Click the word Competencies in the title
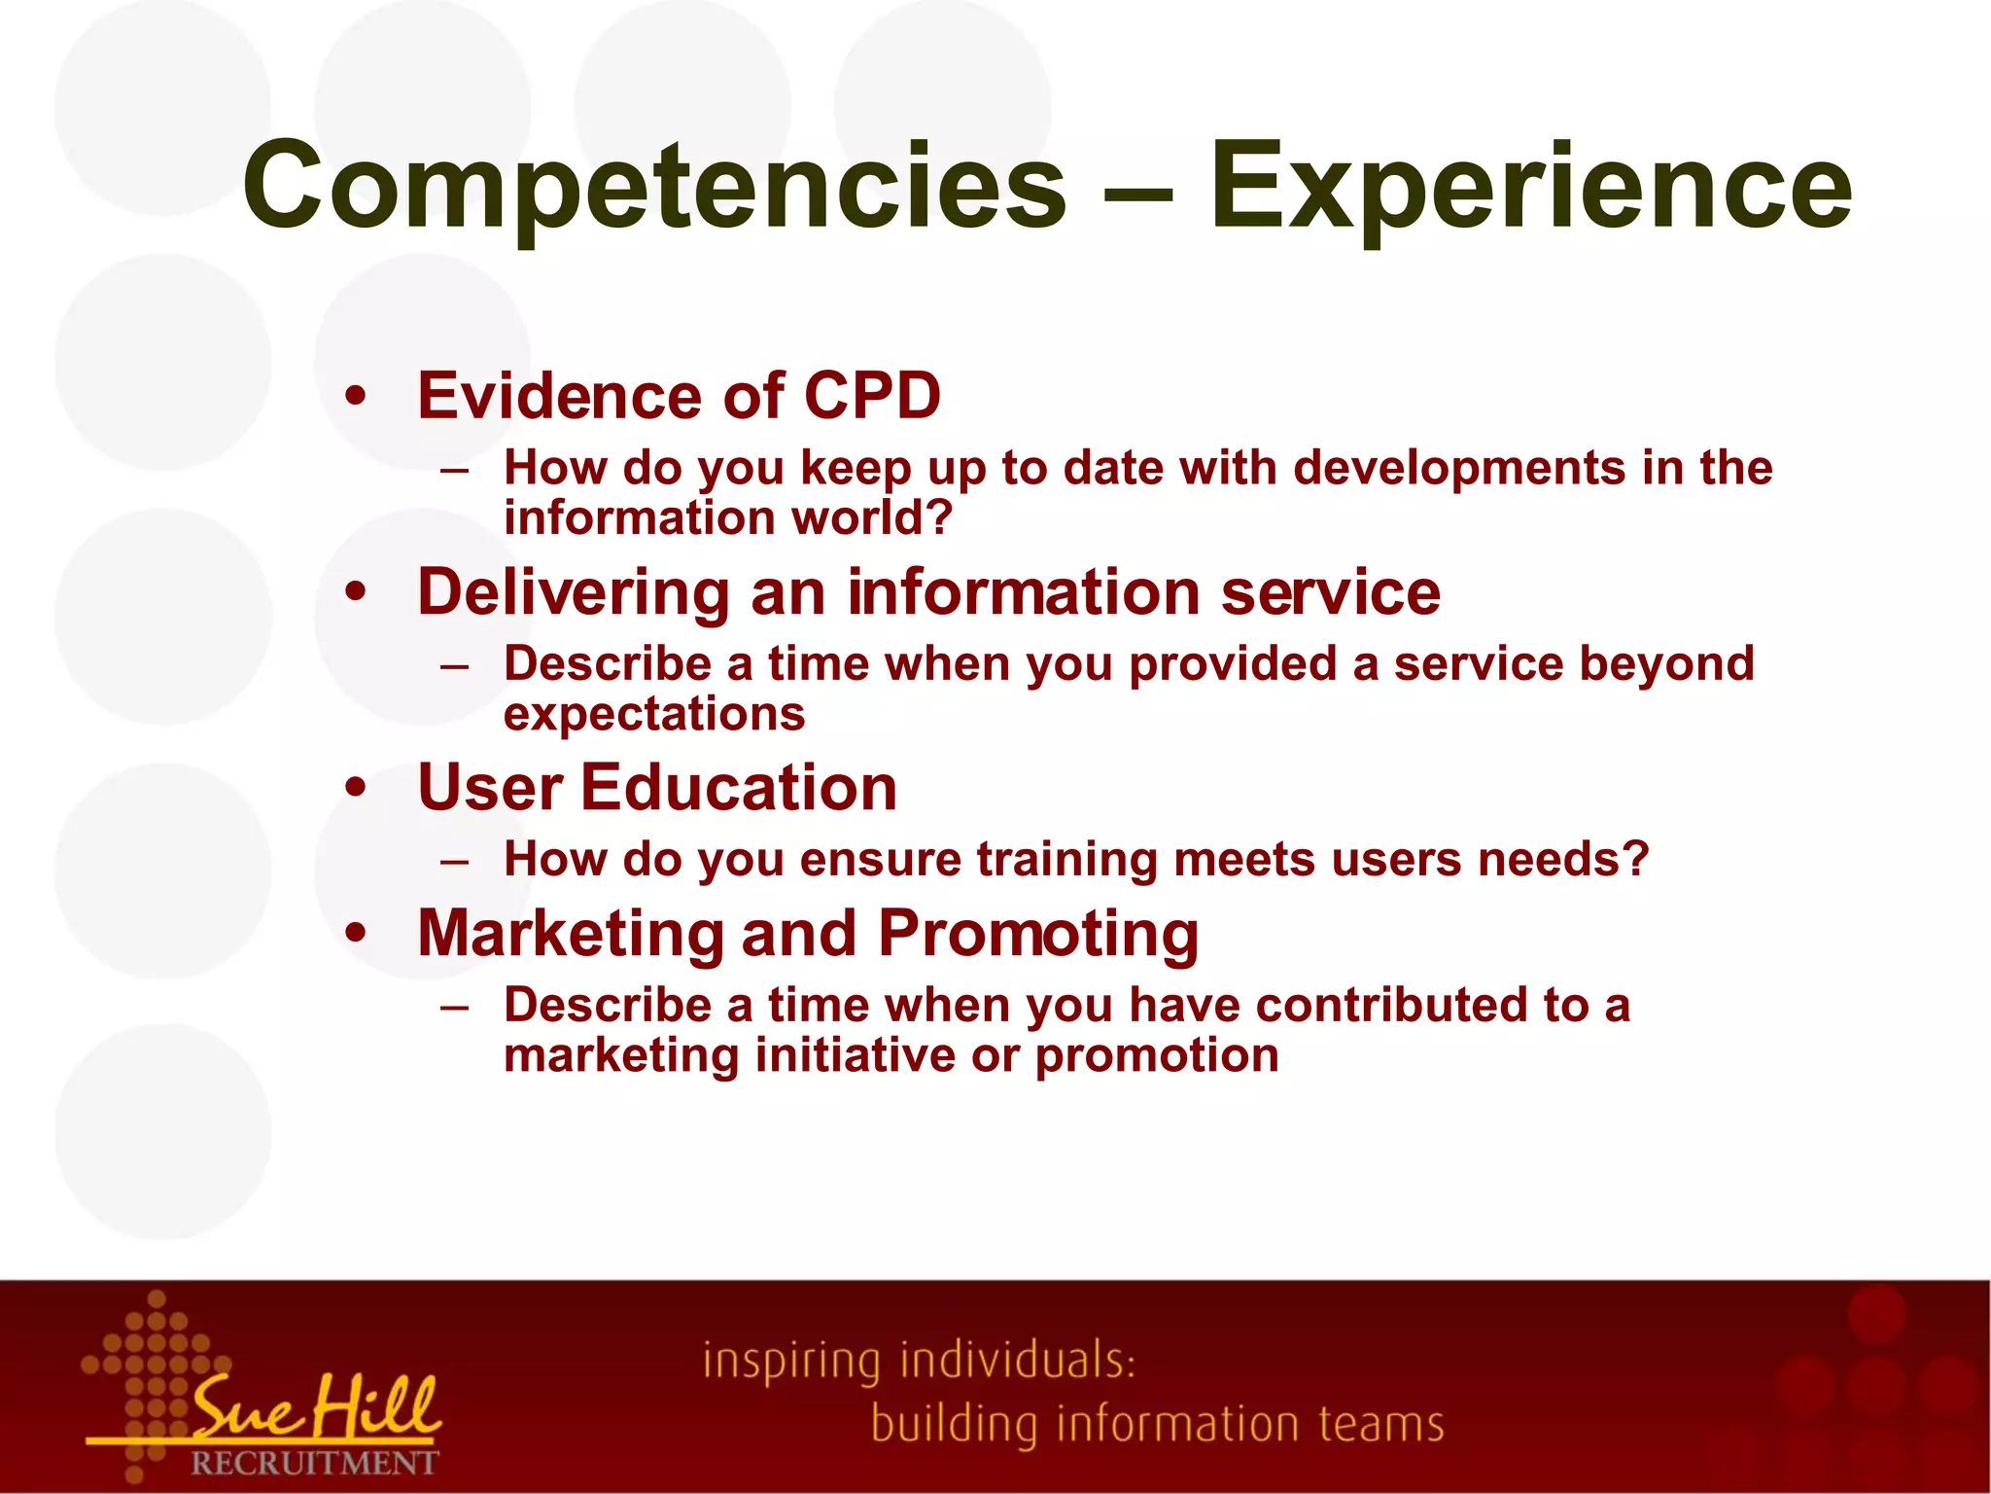coord(653,187)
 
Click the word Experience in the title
coord(1530,187)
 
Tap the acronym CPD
coord(872,397)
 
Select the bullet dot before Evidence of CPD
coord(357,397)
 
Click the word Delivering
coord(574,592)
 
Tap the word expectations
coord(654,715)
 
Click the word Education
coord(739,788)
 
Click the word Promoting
coord(1038,934)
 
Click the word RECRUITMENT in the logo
coord(314,1463)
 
